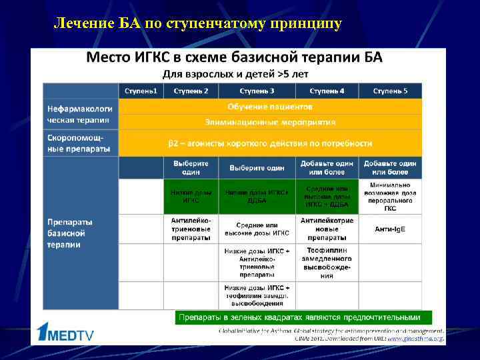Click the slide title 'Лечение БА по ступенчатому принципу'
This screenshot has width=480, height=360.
(x=197, y=24)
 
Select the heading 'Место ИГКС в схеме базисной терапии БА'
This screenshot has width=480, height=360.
(x=234, y=57)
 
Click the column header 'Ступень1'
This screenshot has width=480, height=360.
(x=141, y=91)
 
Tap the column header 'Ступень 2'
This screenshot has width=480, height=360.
(x=191, y=91)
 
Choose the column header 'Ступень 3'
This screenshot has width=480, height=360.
(x=257, y=91)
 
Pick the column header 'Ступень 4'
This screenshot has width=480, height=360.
(x=327, y=91)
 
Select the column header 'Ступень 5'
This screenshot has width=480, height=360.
(x=390, y=91)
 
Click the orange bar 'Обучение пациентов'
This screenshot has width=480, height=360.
(x=270, y=107)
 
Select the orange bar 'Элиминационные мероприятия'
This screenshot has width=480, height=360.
(x=270, y=122)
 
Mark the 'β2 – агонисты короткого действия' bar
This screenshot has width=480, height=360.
(x=270, y=143)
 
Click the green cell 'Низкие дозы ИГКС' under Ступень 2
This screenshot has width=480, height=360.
(x=191, y=196)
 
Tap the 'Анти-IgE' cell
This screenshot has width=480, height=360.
(x=390, y=229)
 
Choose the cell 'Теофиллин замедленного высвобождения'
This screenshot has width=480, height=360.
(x=327, y=262)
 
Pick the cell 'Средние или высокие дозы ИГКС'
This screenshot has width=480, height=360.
(x=257, y=229)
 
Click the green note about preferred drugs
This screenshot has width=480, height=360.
(x=303, y=317)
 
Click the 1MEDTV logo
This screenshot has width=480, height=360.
(x=66, y=333)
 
